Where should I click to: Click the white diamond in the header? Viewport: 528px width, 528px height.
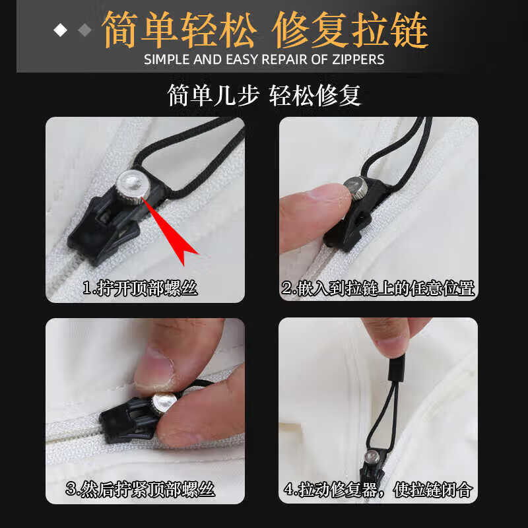pyautogui.click(x=60, y=30)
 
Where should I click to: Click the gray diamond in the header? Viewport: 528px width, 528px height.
pyautogui.click(x=84, y=30)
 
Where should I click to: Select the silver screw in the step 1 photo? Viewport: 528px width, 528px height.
pyautogui.click(x=133, y=187)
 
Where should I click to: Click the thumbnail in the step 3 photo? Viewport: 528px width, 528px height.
pyautogui.click(x=154, y=370)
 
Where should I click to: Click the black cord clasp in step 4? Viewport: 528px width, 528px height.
pyautogui.click(x=396, y=370)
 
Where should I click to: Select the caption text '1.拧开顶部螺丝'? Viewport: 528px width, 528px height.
pyautogui.click(x=140, y=288)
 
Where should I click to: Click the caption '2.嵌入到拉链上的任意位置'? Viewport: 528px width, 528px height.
pyautogui.click(x=378, y=288)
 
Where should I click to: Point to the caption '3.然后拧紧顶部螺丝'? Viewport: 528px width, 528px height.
pyautogui.click(x=140, y=489)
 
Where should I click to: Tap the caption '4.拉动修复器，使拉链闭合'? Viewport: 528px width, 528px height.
pyautogui.click(x=378, y=489)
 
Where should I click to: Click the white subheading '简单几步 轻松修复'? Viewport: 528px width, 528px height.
pyautogui.click(x=264, y=96)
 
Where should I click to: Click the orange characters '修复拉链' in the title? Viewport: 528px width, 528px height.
pyautogui.click(x=350, y=30)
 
